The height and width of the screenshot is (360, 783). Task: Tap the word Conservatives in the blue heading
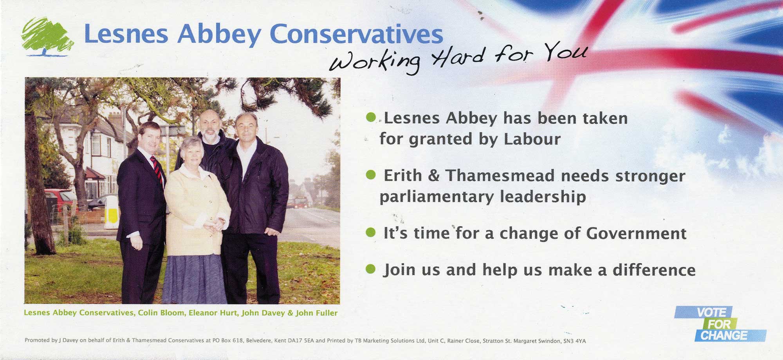358,34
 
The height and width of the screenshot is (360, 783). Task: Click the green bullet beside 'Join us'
370,269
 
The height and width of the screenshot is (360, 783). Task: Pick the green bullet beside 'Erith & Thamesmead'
370,175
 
